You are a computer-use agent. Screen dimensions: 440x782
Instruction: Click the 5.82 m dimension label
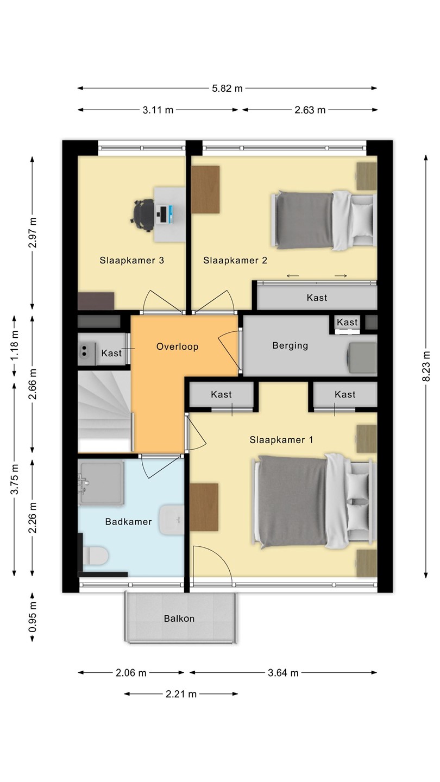pyautogui.click(x=227, y=89)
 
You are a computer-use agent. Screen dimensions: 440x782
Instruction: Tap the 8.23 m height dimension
pyautogui.click(x=426, y=366)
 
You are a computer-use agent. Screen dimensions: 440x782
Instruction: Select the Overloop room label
pyautogui.click(x=178, y=346)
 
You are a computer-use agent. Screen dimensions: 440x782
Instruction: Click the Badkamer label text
pyautogui.click(x=129, y=521)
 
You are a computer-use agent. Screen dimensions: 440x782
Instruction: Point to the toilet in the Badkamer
pyautogui.click(x=95, y=556)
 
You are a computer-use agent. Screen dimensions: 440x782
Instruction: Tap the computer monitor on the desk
pyautogui.click(x=170, y=215)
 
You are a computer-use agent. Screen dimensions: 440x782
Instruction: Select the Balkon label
pyautogui.click(x=179, y=619)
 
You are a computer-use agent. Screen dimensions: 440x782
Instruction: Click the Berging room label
pyautogui.click(x=290, y=345)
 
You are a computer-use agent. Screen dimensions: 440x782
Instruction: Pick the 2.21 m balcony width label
pyautogui.click(x=181, y=694)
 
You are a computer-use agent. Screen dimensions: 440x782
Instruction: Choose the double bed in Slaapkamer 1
pyautogui.click(x=315, y=501)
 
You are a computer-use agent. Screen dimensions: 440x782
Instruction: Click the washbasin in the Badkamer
pyautogui.click(x=172, y=520)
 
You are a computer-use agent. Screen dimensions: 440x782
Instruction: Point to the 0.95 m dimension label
pyautogui.click(x=33, y=617)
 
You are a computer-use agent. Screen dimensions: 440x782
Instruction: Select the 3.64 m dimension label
pyautogui.click(x=283, y=673)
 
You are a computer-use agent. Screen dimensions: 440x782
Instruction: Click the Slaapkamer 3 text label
pyautogui.click(x=131, y=261)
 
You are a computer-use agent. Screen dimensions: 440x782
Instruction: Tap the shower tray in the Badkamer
pyautogui.click(x=101, y=482)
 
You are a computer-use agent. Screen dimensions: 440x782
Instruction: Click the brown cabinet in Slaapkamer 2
pyautogui.click(x=205, y=189)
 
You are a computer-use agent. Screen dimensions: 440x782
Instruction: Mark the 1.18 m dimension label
pyautogui.click(x=14, y=345)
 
